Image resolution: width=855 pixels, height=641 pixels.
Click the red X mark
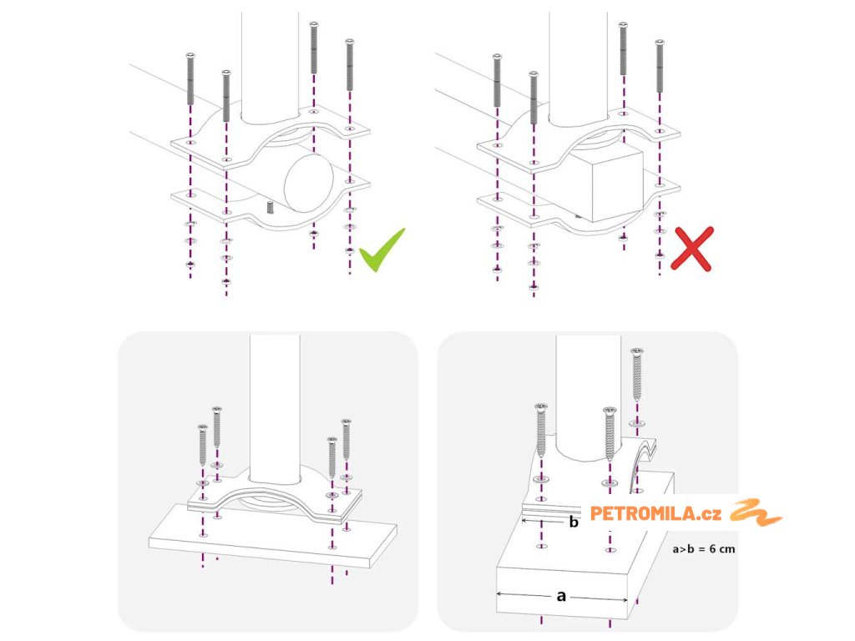(692, 249)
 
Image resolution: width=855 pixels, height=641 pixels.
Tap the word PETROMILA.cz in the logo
(655, 513)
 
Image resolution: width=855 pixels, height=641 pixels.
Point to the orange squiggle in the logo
(756, 512)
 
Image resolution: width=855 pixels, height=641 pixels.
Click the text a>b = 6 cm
(703, 549)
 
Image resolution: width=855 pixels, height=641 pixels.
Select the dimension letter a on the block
(561, 596)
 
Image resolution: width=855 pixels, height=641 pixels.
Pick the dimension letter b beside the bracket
(573, 522)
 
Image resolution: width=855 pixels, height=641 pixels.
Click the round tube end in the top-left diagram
(308, 183)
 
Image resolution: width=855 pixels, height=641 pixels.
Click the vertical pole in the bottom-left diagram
(275, 409)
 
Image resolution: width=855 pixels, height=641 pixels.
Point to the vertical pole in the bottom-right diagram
(588, 398)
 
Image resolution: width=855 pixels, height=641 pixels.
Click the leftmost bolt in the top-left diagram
(190, 78)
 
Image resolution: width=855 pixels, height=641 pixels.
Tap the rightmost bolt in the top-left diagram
(350, 64)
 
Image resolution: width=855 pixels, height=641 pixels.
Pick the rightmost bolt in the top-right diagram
(660, 65)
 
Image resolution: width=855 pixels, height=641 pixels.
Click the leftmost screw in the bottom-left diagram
(202, 445)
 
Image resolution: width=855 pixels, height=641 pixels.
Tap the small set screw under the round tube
(270, 207)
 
